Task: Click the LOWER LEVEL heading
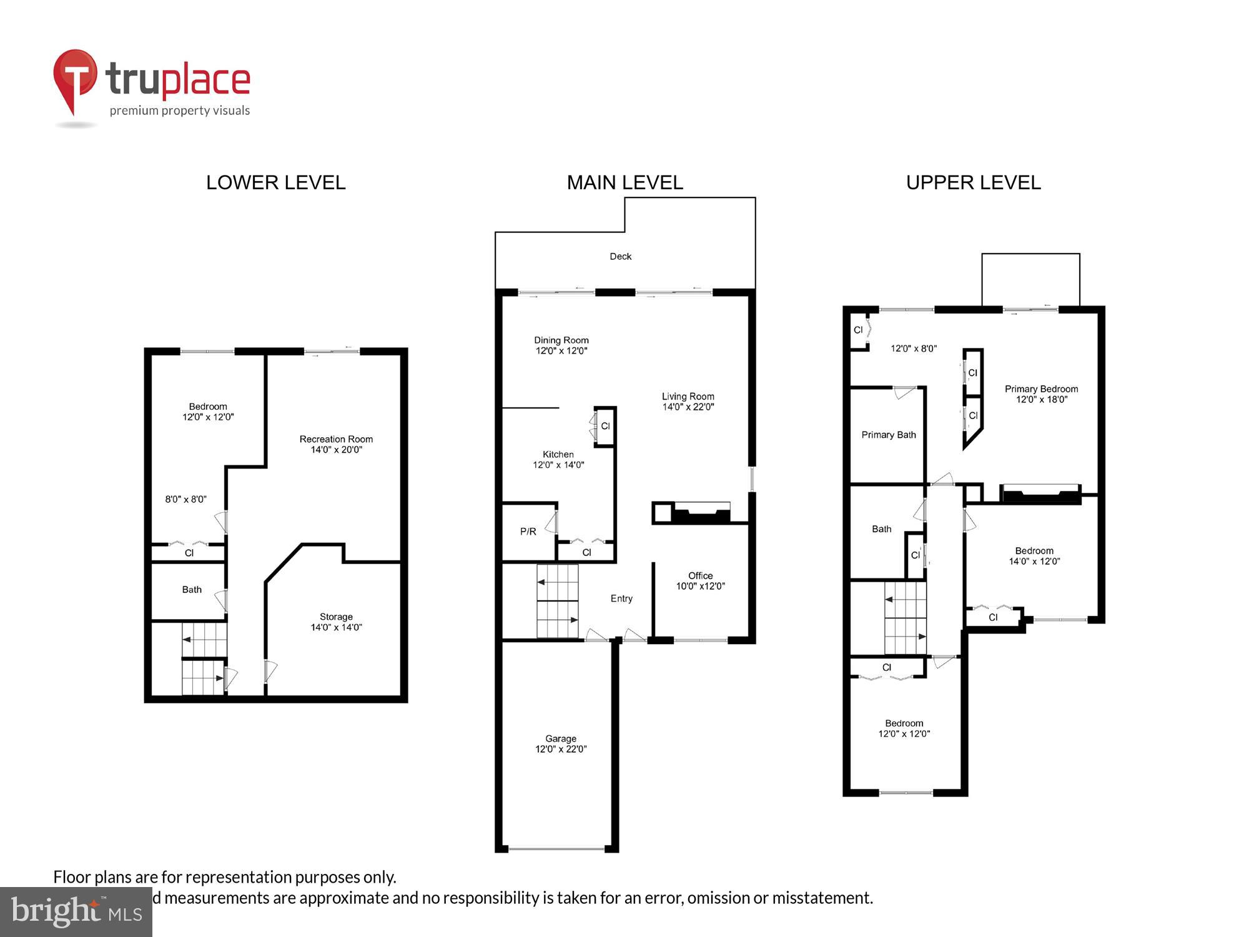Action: (275, 182)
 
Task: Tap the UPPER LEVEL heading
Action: (973, 182)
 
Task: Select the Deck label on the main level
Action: (620, 256)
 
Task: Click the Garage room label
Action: (561, 738)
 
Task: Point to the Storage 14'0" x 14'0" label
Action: (336, 622)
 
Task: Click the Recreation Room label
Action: (336, 439)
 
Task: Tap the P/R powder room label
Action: (528, 532)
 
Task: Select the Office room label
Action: (700, 575)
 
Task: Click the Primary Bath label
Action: (888, 435)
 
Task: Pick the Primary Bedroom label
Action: (1041, 389)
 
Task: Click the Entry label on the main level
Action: (621, 598)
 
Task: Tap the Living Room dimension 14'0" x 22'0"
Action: (688, 407)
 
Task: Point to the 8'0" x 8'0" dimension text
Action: (185, 499)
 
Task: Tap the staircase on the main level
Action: (557, 601)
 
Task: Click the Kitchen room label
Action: (558, 454)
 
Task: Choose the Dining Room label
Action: (561, 340)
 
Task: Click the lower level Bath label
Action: (192, 590)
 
